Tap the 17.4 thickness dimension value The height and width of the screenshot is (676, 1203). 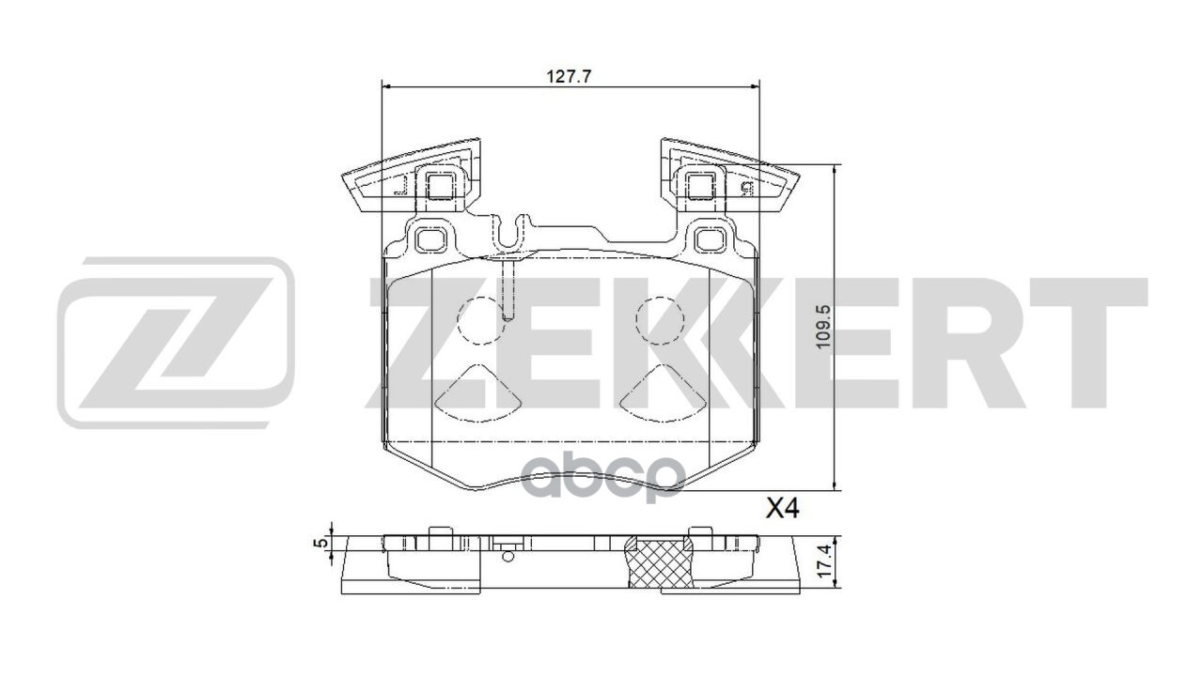pyautogui.click(x=823, y=564)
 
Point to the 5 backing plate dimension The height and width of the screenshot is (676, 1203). pyautogui.click(x=320, y=544)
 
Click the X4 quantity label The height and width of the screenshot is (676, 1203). pyautogui.click(x=782, y=510)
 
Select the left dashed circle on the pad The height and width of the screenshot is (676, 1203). pyautogui.click(x=481, y=320)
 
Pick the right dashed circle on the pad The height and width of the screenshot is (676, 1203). pyautogui.click(x=660, y=320)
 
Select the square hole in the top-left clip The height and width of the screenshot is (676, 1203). pyautogui.click(x=440, y=185)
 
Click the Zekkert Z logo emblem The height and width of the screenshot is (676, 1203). pyautogui.click(x=176, y=342)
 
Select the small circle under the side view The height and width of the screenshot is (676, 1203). pyautogui.click(x=508, y=556)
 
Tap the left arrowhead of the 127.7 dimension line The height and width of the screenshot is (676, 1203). pyautogui.click(x=386, y=86)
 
